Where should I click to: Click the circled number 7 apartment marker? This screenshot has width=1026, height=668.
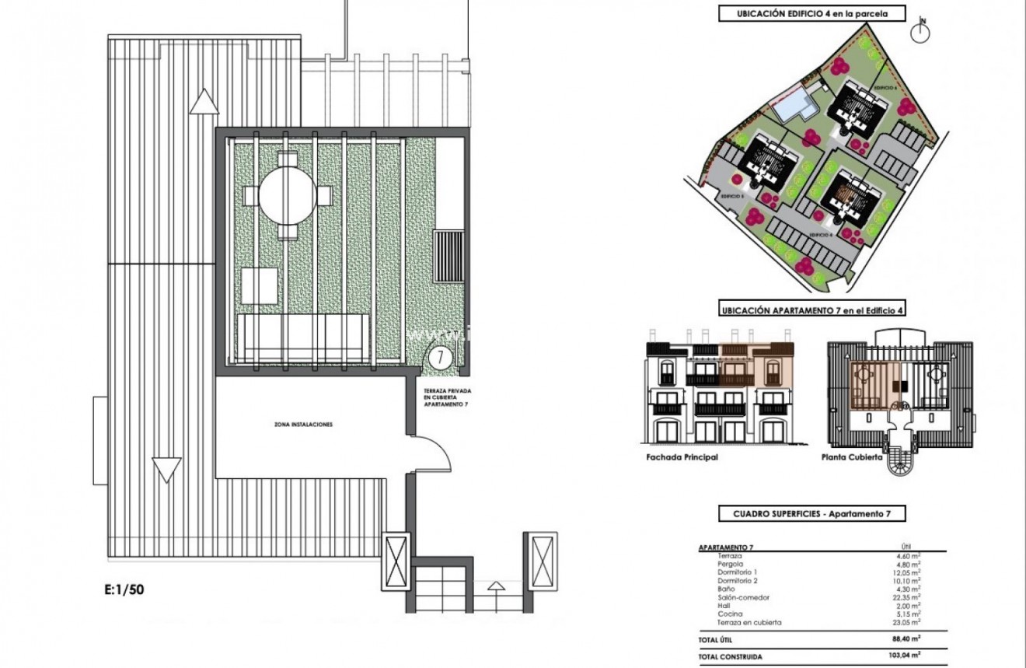point(440,358)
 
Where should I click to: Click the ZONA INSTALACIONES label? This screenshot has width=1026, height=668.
point(303,425)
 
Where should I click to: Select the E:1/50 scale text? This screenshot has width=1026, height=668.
point(124,589)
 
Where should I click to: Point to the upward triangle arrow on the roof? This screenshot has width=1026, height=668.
point(204,102)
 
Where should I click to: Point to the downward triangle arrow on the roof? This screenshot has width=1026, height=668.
point(166,470)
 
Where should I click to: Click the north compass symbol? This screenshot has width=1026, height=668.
point(921,31)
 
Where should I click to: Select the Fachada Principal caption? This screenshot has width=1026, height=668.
point(682,457)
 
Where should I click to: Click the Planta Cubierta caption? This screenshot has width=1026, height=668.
point(852,457)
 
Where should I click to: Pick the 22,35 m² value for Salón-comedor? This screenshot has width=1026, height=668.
point(906,597)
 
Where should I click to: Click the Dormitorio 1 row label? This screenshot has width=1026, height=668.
point(737,572)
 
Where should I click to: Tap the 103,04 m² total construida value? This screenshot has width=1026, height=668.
point(904,656)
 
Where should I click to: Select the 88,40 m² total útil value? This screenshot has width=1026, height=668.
point(906,639)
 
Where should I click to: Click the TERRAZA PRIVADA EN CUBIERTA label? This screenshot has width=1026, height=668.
point(447,399)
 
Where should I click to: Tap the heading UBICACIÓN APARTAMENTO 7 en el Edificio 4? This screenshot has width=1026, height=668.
point(811,310)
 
